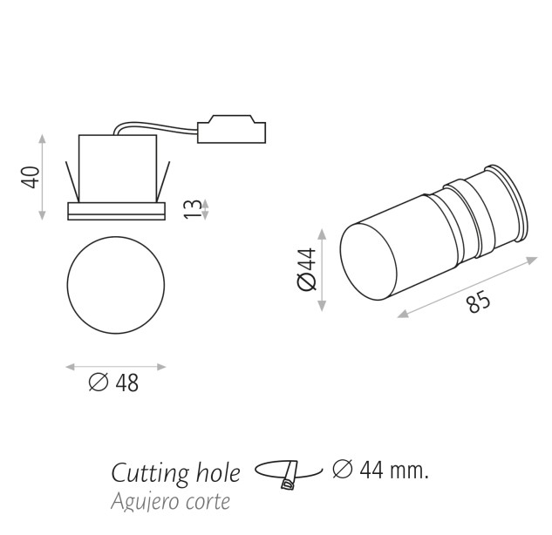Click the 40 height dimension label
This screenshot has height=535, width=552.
click(31, 177)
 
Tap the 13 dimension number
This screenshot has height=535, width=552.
click(193, 209)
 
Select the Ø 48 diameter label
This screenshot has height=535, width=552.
click(113, 383)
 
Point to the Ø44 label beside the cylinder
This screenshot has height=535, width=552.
click(307, 269)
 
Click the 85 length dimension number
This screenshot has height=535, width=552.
click(479, 302)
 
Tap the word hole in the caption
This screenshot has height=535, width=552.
click(218, 472)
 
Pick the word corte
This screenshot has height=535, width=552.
click(209, 502)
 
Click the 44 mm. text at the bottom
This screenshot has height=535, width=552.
click(393, 470)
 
